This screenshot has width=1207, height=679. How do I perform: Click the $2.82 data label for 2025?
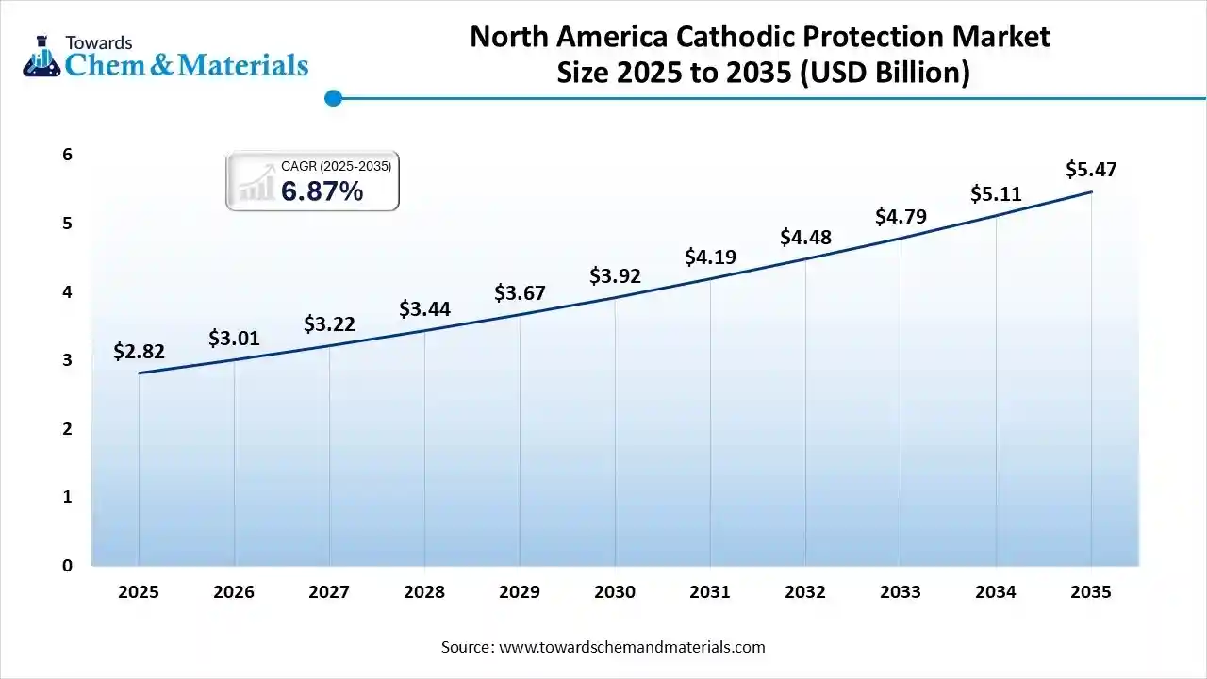139,352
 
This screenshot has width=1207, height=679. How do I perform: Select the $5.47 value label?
1091,170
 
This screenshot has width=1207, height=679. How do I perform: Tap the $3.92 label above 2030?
615,276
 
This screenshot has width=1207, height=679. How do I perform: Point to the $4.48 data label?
805,238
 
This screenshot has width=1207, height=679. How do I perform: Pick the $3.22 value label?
329,324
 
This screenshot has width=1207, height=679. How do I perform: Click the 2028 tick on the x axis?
424,592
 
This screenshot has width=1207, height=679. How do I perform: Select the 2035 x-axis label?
1091,592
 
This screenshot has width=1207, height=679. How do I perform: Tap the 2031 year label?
710,592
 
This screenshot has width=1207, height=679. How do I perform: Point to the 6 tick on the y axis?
68,155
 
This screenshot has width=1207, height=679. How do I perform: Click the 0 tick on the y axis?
68,566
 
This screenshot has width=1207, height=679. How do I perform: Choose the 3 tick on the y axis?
68,360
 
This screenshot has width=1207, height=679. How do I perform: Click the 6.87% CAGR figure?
322,191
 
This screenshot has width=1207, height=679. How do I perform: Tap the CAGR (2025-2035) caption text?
336,166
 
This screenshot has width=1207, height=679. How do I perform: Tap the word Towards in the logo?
99,42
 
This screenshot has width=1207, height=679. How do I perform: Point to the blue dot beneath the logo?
332,97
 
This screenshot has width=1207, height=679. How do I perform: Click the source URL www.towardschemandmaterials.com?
631,647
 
